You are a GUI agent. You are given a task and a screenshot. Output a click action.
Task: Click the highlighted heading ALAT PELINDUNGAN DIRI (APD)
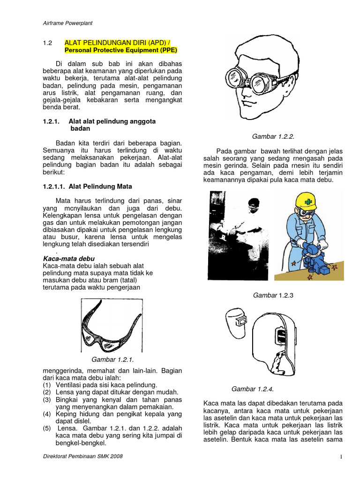point(119,43)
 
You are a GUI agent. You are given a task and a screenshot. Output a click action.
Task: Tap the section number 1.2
point(47,43)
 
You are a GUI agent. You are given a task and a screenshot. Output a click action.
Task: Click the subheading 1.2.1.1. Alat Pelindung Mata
point(88,186)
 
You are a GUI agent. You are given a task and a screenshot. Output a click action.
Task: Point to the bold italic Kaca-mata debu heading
point(68,258)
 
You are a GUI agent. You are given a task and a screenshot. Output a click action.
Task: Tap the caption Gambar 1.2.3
point(273,295)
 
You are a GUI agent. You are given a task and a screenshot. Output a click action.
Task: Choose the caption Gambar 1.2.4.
point(253,389)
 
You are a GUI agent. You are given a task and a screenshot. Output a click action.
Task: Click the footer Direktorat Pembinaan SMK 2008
point(82,457)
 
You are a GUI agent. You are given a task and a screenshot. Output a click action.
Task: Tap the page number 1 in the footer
point(341,457)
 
